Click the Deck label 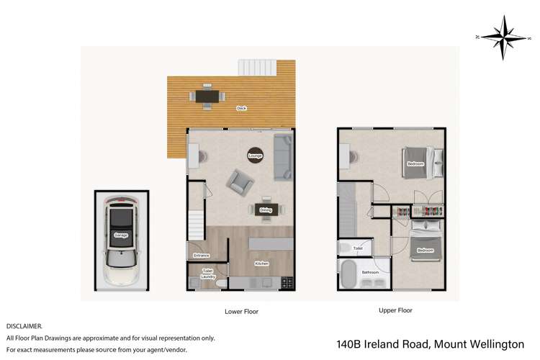coord(241,109)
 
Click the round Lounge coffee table coord(254,155)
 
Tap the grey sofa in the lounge coord(283,157)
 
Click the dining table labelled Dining coord(266,210)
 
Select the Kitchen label coord(261,264)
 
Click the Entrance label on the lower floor coord(200,255)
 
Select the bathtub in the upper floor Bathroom coord(350,274)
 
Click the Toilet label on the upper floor coord(358,248)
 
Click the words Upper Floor coord(395,311)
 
